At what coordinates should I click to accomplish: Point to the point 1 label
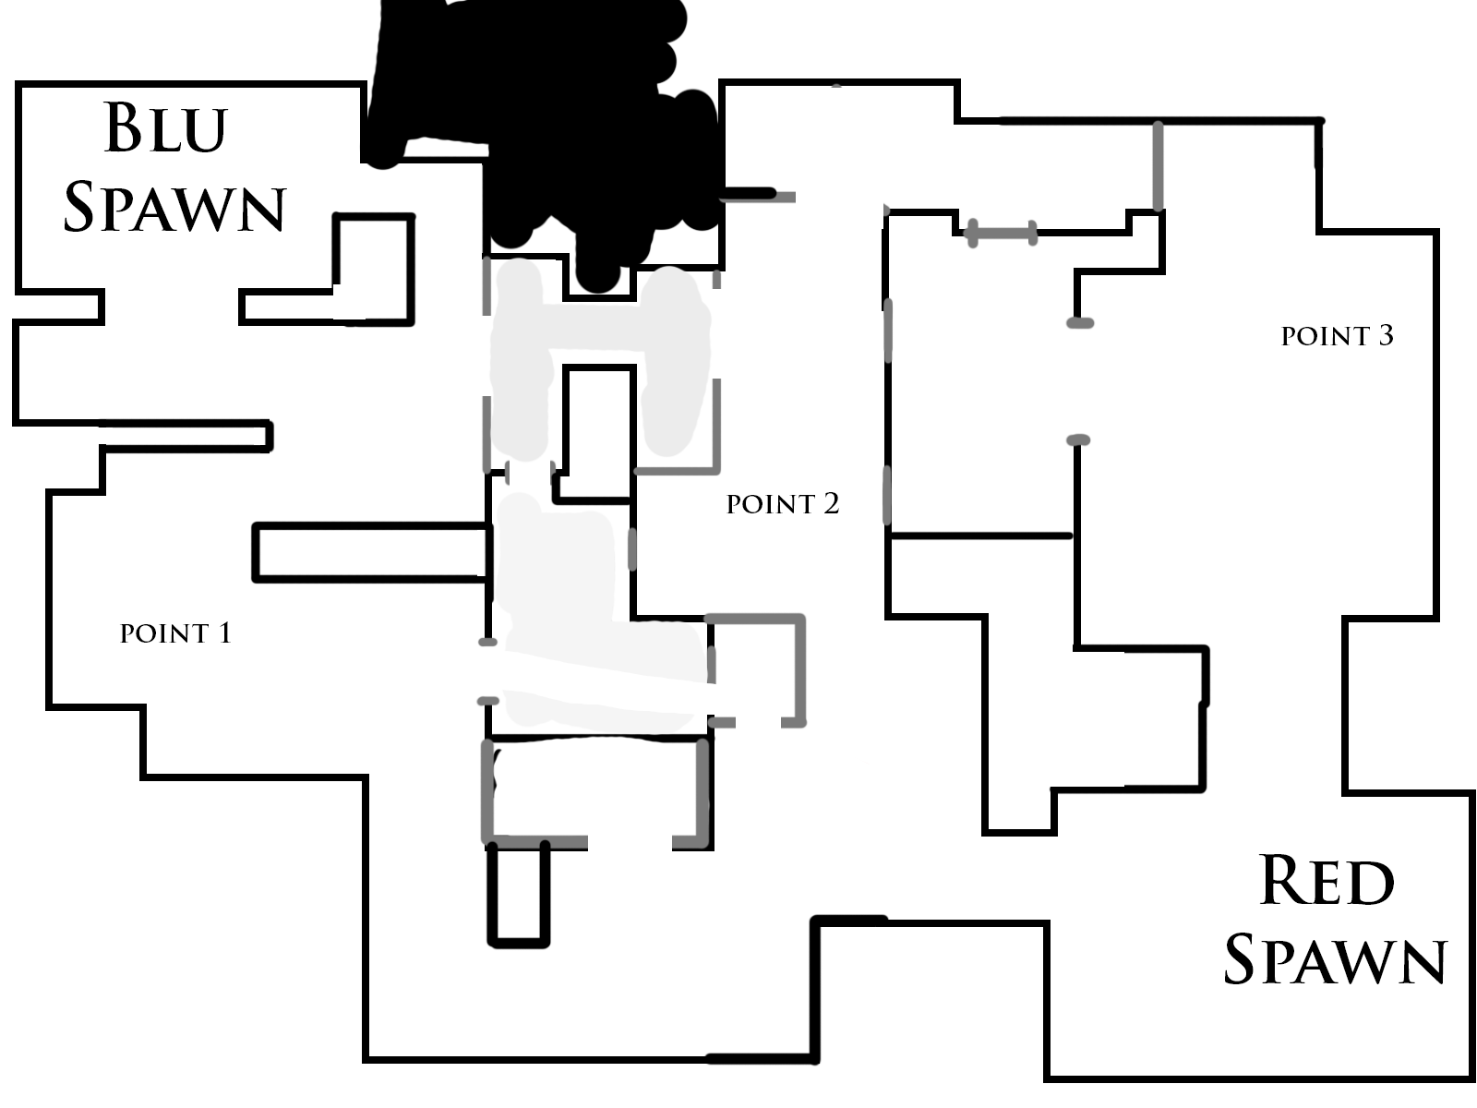click(175, 632)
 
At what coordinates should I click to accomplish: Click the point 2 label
click(783, 503)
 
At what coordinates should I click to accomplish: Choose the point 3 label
click(1337, 335)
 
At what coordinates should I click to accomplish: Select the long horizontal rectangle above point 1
click(370, 552)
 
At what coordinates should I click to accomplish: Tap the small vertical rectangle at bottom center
click(518, 894)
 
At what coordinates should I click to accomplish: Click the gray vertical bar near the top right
click(1158, 166)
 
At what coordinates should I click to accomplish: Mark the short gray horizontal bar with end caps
click(1002, 233)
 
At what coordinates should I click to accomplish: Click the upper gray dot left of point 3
click(1080, 322)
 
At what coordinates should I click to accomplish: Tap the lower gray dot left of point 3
click(1078, 440)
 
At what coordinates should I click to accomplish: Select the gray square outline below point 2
click(757, 669)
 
